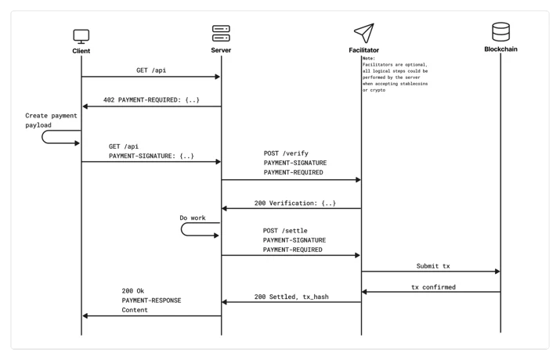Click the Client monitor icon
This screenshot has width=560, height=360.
coord(81,37)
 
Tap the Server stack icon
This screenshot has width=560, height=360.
coord(221,33)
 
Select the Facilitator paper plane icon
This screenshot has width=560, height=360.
coord(364,33)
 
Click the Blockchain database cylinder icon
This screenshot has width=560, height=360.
coord(500,32)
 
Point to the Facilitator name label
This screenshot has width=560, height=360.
coord(364,50)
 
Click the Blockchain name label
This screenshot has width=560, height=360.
coord(500,49)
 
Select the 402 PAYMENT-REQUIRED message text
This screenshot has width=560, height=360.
coord(151,100)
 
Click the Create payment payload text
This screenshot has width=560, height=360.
coord(51,121)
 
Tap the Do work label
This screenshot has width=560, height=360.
coord(193,218)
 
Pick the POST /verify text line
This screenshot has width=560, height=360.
coord(286,153)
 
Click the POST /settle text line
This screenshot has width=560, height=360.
coord(285,231)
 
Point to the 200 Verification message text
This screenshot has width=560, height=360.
coord(295,203)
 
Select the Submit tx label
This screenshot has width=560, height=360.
coord(433,266)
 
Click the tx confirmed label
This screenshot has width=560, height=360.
coord(434,287)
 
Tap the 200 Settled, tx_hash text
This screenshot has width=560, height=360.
coord(291,297)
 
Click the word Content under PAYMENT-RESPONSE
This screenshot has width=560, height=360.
coord(135,310)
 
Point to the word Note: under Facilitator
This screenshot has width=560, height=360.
coord(369,58)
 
